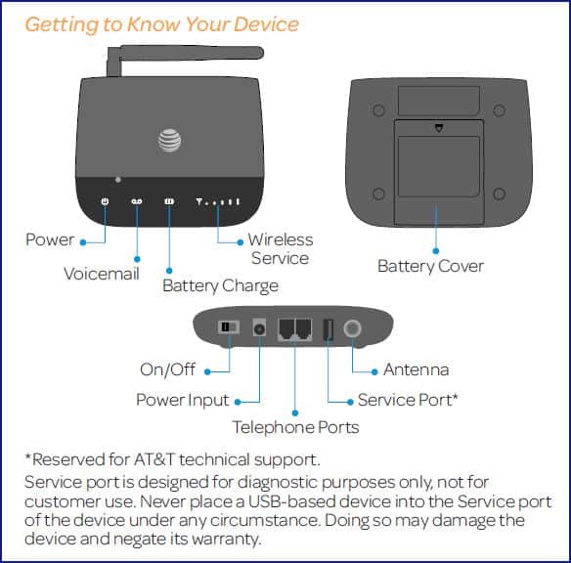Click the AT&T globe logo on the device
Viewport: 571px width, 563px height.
click(170, 141)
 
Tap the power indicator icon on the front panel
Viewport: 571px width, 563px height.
click(105, 201)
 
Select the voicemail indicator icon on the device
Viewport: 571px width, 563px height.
click(137, 201)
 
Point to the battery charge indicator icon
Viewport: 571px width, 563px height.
click(169, 201)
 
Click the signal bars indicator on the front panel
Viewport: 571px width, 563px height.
click(218, 201)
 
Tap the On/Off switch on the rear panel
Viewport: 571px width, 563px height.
click(229, 327)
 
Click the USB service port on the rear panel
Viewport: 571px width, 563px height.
click(329, 329)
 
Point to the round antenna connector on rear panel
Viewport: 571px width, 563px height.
click(352, 328)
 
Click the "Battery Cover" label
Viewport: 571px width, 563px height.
click(430, 267)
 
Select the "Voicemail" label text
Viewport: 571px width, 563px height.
click(102, 274)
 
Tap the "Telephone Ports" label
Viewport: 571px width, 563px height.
click(295, 427)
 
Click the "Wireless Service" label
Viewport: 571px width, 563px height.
click(281, 249)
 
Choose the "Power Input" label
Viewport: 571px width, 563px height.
click(183, 400)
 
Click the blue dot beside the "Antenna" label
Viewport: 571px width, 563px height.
click(374, 372)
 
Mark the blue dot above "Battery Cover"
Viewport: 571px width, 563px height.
click(436, 251)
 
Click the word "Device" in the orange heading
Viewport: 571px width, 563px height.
click(266, 24)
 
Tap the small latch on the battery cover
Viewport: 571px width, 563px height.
click(439, 128)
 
